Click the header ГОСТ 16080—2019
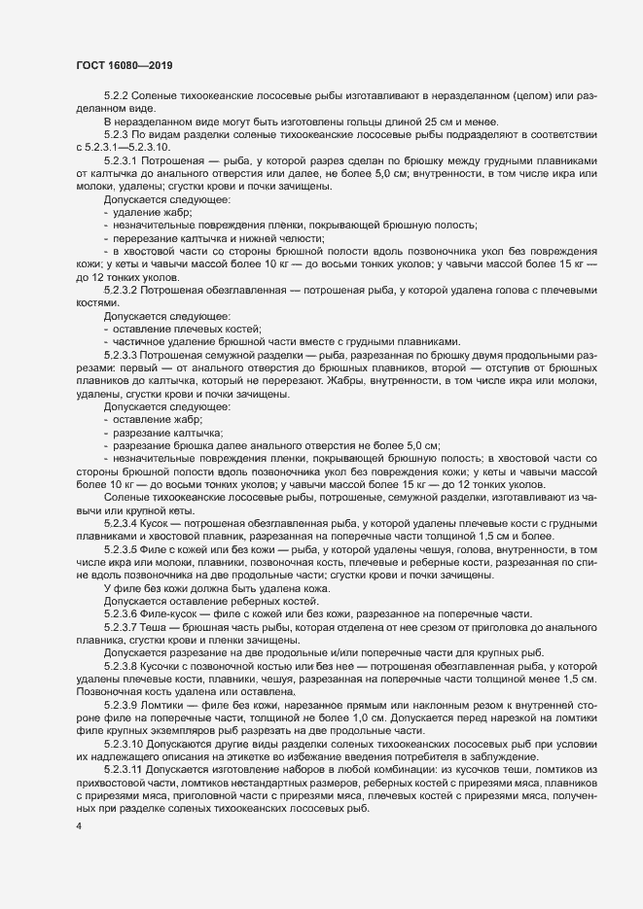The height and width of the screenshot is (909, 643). (125, 65)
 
